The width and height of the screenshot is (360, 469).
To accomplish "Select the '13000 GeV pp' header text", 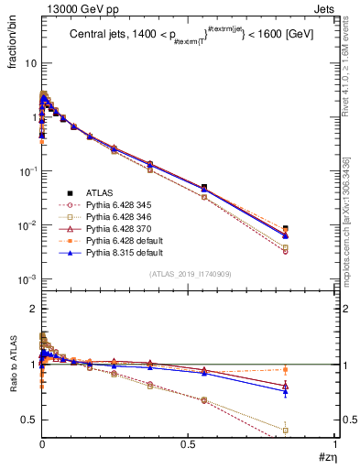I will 70,8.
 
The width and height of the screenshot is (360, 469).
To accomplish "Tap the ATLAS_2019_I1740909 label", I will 189,275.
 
